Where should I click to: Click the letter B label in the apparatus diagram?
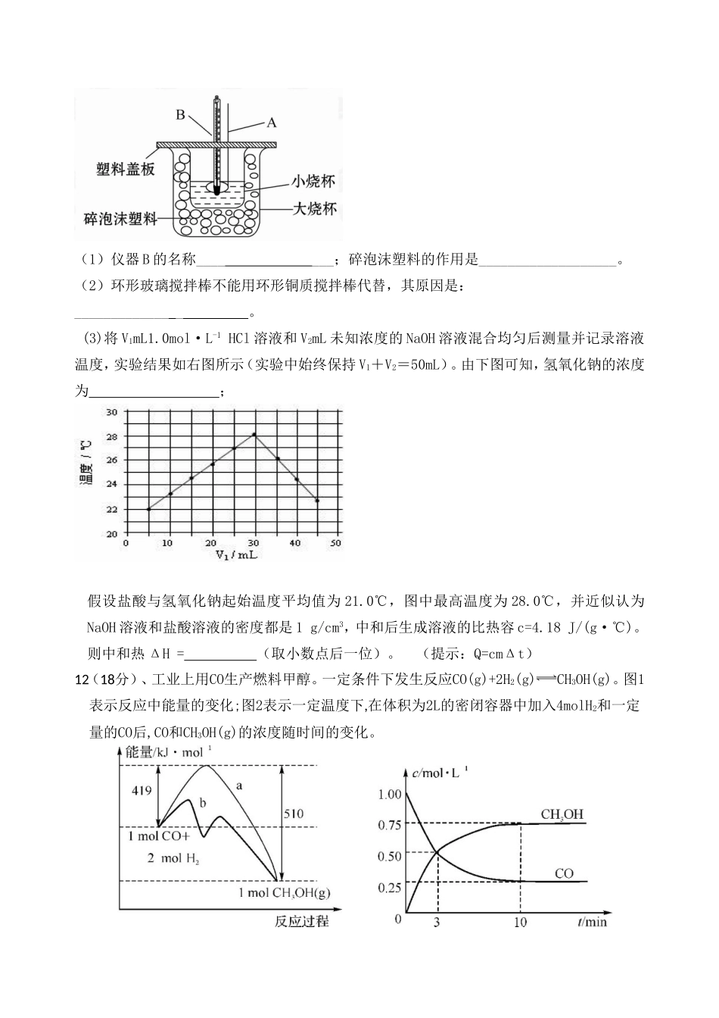(x=181, y=115)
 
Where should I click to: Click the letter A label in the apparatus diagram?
(x=272, y=121)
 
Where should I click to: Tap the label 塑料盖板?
(x=126, y=169)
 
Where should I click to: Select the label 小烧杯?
(x=314, y=182)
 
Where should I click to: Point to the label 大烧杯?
(x=314, y=208)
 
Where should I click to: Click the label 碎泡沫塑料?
(x=121, y=219)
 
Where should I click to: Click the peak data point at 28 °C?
(x=254, y=434)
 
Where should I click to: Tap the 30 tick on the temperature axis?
(x=111, y=412)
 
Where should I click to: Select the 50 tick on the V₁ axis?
(x=336, y=543)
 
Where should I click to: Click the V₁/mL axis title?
(x=236, y=555)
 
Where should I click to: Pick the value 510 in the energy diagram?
(x=294, y=813)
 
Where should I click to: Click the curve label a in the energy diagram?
(x=239, y=785)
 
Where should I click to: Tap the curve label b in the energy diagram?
(x=202, y=801)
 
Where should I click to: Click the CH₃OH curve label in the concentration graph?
(x=562, y=814)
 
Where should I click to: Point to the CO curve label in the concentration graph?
(x=564, y=873)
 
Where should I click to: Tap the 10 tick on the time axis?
(x=520, y=922)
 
